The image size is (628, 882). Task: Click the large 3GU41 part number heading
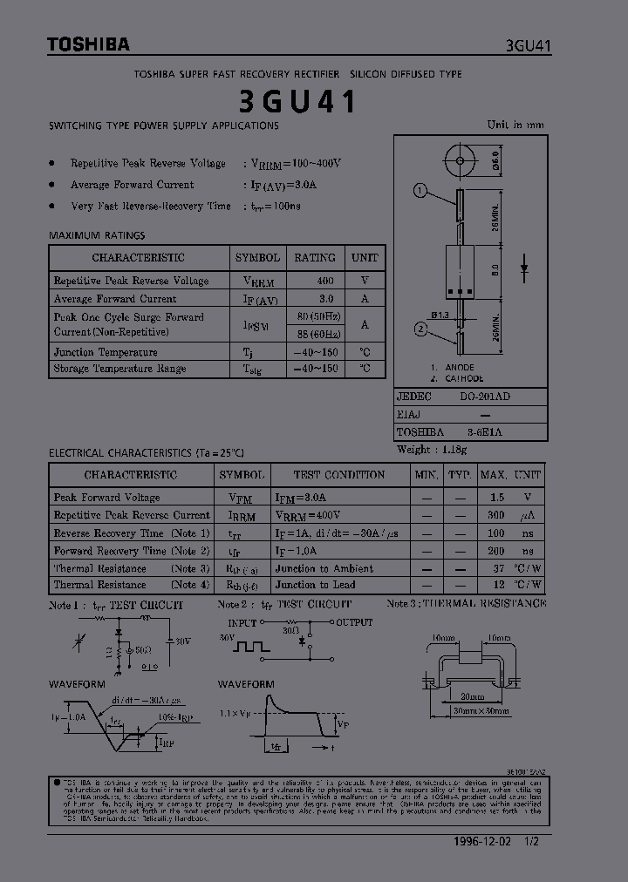pyautogui.click(x=298, y=103)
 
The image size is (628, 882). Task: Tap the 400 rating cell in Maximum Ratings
pyautogui.click(x=325, y=281)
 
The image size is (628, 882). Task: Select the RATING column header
pyautogui.click(x=315, y=258)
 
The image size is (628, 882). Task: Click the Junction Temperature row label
pyautogui.click(x=106, y=352)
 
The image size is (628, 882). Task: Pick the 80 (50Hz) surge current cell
pyautogui.click(x=319, y=316)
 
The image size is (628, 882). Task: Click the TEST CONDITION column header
pyautogui.click(x=338, y=475)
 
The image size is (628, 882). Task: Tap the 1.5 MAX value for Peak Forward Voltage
pyautogui.click(x=497, y=498)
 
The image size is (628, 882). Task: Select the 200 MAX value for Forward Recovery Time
pyautogui.click(x=495, y=551)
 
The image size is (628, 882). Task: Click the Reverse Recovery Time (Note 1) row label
pyautogui.click(x=132, y=533)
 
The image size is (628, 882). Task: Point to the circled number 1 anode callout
pyautogui.click(x=420, y=191)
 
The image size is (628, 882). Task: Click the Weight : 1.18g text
pyautogui.click(x=432, y=450)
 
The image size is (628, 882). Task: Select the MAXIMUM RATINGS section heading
pyautogui.click(x=97, y=235)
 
